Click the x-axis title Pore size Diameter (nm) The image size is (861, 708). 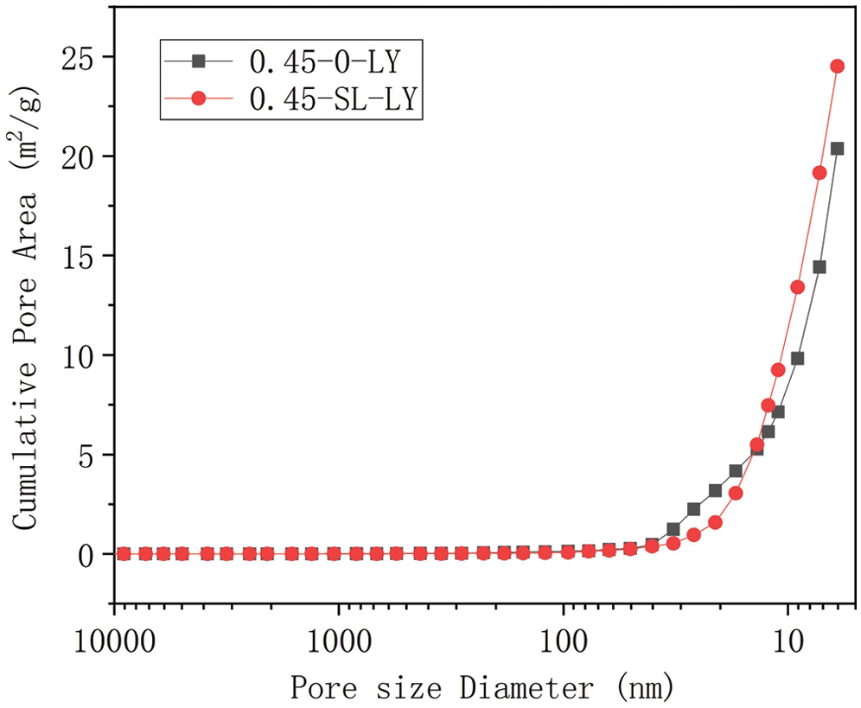coord(480,688)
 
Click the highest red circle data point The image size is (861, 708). coord(837,66)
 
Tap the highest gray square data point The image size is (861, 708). coord(837,149)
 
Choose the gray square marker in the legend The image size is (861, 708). coord(198,61)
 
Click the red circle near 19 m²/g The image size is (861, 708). coord(820,173)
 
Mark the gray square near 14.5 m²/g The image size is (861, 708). coord(820,267)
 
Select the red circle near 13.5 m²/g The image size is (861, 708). coord(797,287)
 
